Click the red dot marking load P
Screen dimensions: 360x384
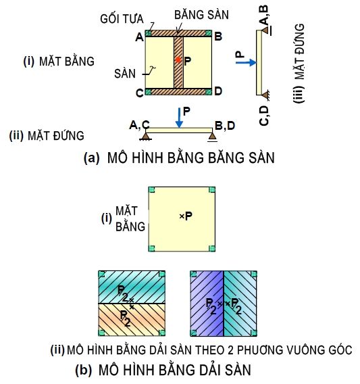(178, 59)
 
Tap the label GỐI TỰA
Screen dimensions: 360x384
(122, 19)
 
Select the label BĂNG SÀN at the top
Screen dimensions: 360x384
(201, 15)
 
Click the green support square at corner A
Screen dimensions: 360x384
(148, 33)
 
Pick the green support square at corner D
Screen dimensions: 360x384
(209, 92)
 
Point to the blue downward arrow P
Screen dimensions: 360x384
(180, 118)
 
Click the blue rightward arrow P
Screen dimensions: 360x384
(246, 63)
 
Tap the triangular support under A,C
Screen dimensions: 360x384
(146, 136)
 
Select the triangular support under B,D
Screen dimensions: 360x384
(212, 137)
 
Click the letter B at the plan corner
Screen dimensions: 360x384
(217, 37)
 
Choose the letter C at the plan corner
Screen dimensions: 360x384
(140, 93)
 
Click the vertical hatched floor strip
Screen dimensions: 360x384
(178, 62)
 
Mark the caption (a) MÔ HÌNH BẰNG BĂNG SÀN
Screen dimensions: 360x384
(179, 158)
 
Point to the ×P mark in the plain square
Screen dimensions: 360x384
(186, 216)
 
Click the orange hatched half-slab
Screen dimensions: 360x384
(132, 320)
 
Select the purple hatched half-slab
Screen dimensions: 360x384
(207, 304)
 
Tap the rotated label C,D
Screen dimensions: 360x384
(264, 116)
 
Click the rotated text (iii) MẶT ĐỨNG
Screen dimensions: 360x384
(299, 63)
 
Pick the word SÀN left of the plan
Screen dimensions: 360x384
(125, 74)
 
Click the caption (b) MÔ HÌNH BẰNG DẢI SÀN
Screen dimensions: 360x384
(163, 370)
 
